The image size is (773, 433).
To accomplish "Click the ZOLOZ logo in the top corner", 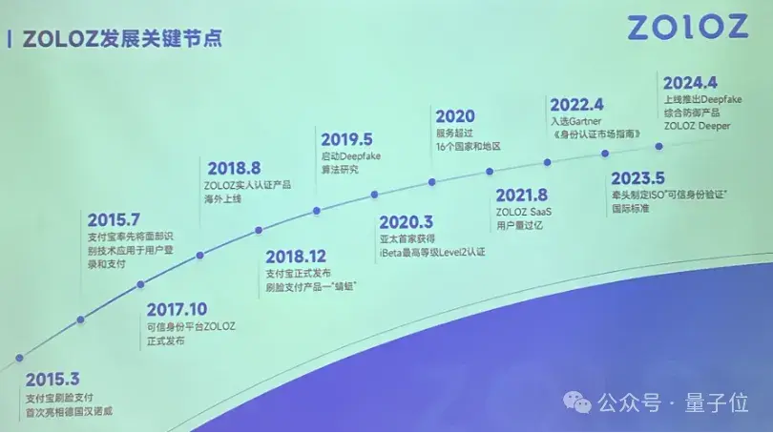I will [687, 27].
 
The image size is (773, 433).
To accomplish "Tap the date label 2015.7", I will [113, 219].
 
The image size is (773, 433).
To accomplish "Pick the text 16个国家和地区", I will [467, 147].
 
